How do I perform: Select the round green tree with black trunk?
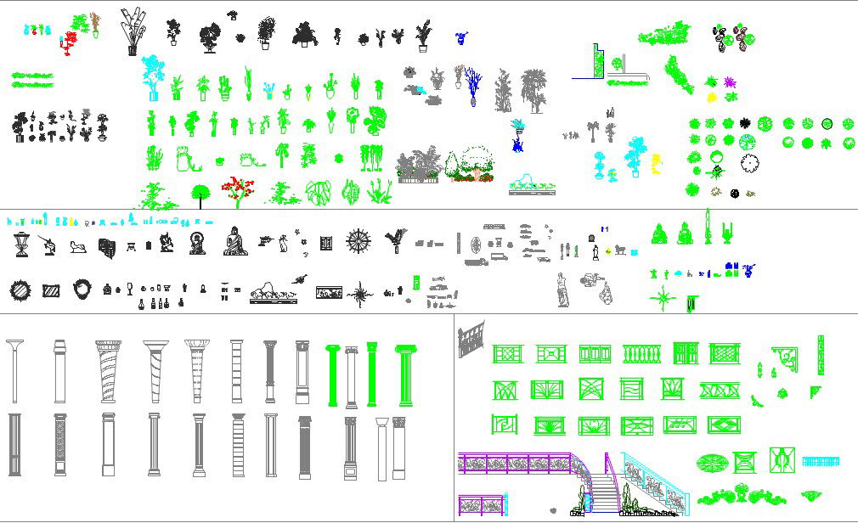200,194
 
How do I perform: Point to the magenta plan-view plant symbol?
729,82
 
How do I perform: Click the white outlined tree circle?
749,163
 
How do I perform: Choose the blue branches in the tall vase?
472,88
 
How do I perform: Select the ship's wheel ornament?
358,241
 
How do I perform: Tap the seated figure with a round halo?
198,243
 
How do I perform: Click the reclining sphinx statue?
79,248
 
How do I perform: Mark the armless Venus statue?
561,290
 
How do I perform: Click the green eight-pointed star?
662,299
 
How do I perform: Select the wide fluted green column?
404,374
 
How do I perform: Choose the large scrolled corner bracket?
787,360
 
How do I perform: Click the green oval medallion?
711,463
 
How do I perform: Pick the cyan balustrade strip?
821,462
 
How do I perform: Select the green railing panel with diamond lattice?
724,354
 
